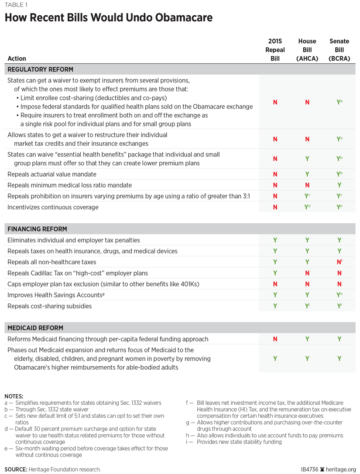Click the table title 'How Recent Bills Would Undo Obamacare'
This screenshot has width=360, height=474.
click(x=109, y=18)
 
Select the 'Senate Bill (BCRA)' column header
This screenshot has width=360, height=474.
click(x=339, y=50)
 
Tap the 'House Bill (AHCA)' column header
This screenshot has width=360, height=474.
click(x=307, y=50)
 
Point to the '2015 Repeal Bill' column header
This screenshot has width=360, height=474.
click(x=275, y=50)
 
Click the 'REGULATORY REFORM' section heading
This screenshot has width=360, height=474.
click(x=40, y=69)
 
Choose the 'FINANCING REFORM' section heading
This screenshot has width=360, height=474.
click(x=37, y=229)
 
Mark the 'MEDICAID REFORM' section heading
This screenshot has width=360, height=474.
click(x=35, y=328)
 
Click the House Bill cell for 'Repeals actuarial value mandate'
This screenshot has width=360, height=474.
click(x=307, y=174)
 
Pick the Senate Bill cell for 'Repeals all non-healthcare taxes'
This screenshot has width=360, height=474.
click(x=339, y=262)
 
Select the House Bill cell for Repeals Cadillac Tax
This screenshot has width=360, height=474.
click(x=307, y=273)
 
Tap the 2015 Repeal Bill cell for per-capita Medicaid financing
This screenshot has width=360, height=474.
click(x=275, y=339)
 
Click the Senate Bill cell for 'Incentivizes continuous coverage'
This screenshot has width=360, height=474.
click(x=339, y=207)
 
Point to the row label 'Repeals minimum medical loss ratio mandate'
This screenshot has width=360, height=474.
click(x=69, y=185)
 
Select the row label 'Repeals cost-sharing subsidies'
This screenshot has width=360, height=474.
click(x=49, y=306)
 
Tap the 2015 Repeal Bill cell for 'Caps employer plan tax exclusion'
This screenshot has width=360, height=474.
click(x=275, y=284)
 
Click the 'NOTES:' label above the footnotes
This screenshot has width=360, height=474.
click(x=14, y=396)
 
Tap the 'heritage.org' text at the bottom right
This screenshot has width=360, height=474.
click(x=341, y=469)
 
